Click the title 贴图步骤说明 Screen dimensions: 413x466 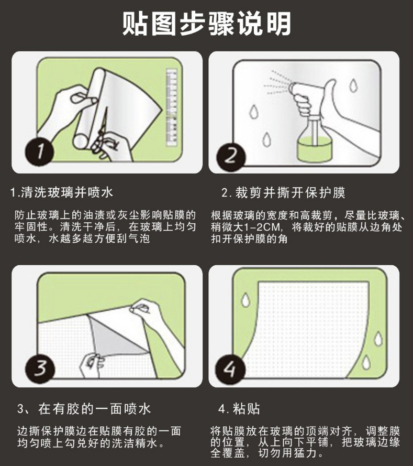pyautogui.click(x=206, y=24)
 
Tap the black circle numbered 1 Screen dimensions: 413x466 pyautogui.click(x=39, y=151)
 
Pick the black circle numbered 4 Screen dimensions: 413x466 pyautogui.click(x=230, y=369)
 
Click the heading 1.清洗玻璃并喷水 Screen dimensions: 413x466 pyautogui.click(x=61, y=192)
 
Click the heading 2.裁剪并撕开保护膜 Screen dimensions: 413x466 pyautogui.click(x=283, y=192)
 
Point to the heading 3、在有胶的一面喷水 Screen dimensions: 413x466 pyautogui.click(x=84, y=409)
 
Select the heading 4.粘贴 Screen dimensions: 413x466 pyautogui.click(x=239, y=409)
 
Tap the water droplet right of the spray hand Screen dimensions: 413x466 pyautogui.click(x=353, y=85)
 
